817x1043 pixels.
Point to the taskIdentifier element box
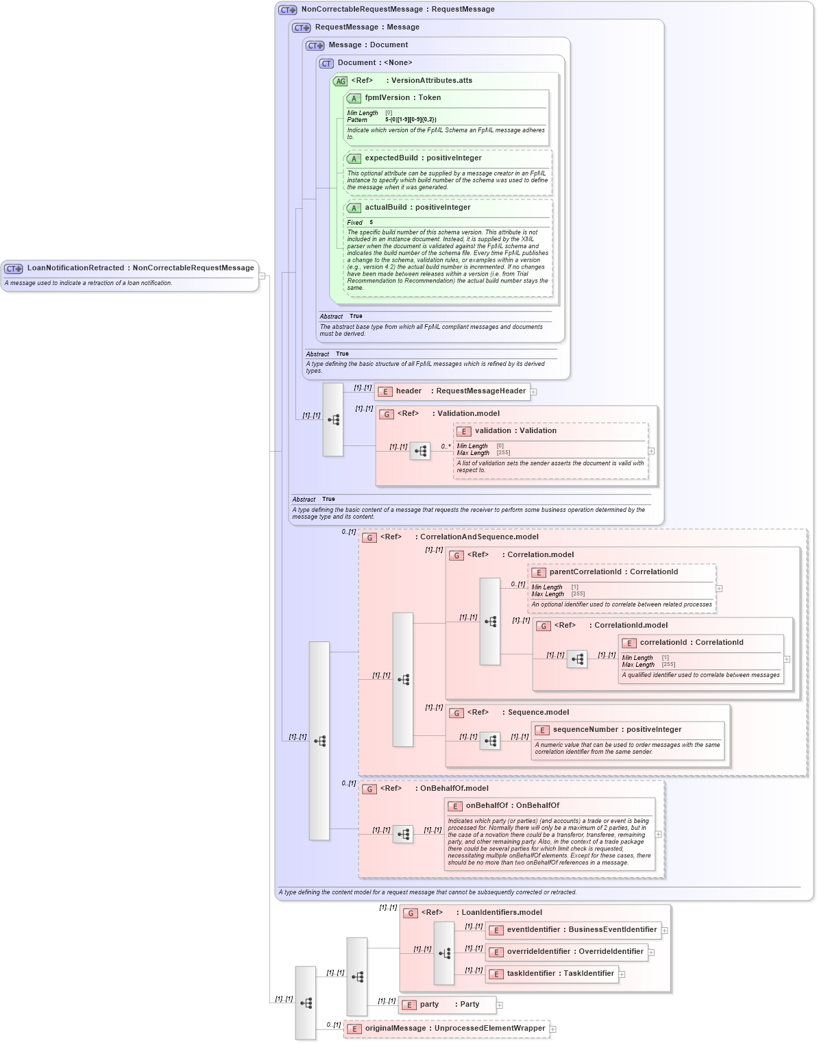pos(552,974)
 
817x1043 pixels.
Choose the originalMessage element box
pos(446,1029)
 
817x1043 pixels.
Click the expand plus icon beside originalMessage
pos(553,1029)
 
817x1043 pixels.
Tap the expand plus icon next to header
pos(534,392)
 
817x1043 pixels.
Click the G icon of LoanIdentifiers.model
pos(411,913)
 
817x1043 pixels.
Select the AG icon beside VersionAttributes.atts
pos(341,82)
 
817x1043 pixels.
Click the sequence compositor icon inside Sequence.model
pos(490,741)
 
